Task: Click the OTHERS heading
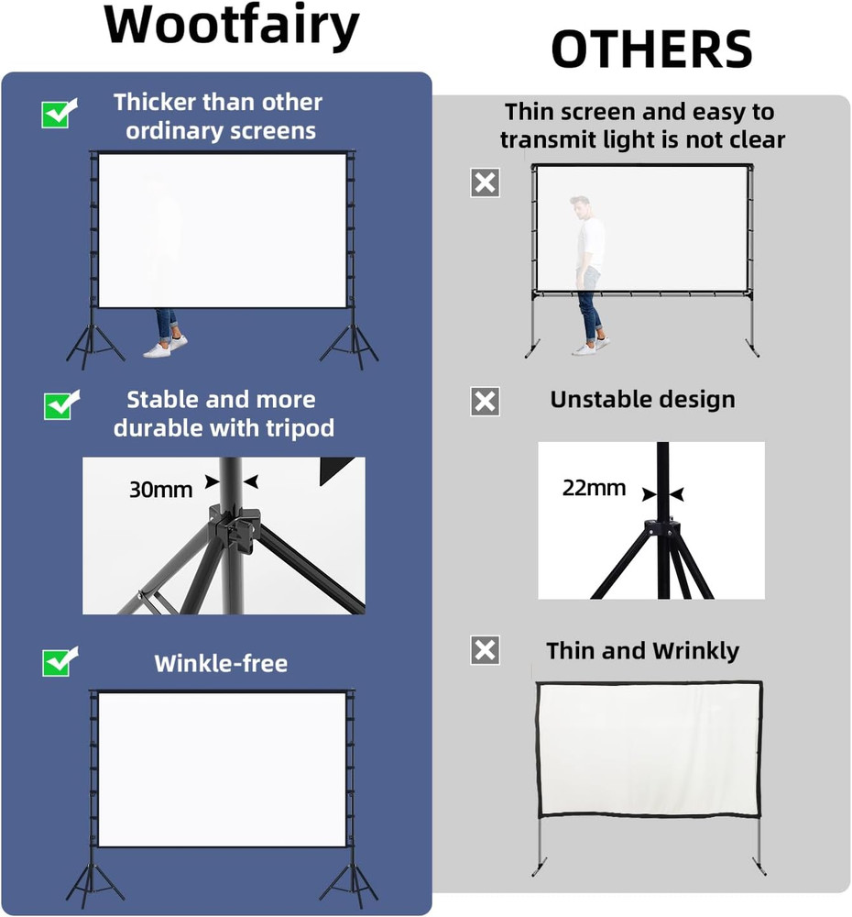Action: coord(651,50)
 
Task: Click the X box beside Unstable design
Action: coord(485,401)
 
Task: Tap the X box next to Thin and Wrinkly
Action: coord(485,650)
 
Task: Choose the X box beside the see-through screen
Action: coord(485,182)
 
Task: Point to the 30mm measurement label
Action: coord(160,490)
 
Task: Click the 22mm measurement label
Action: coord(594,488)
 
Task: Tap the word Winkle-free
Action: coord(221,663)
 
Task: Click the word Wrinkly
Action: coord(695,651)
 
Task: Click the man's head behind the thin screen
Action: coord(579,204)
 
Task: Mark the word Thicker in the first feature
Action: coord(155,102)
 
